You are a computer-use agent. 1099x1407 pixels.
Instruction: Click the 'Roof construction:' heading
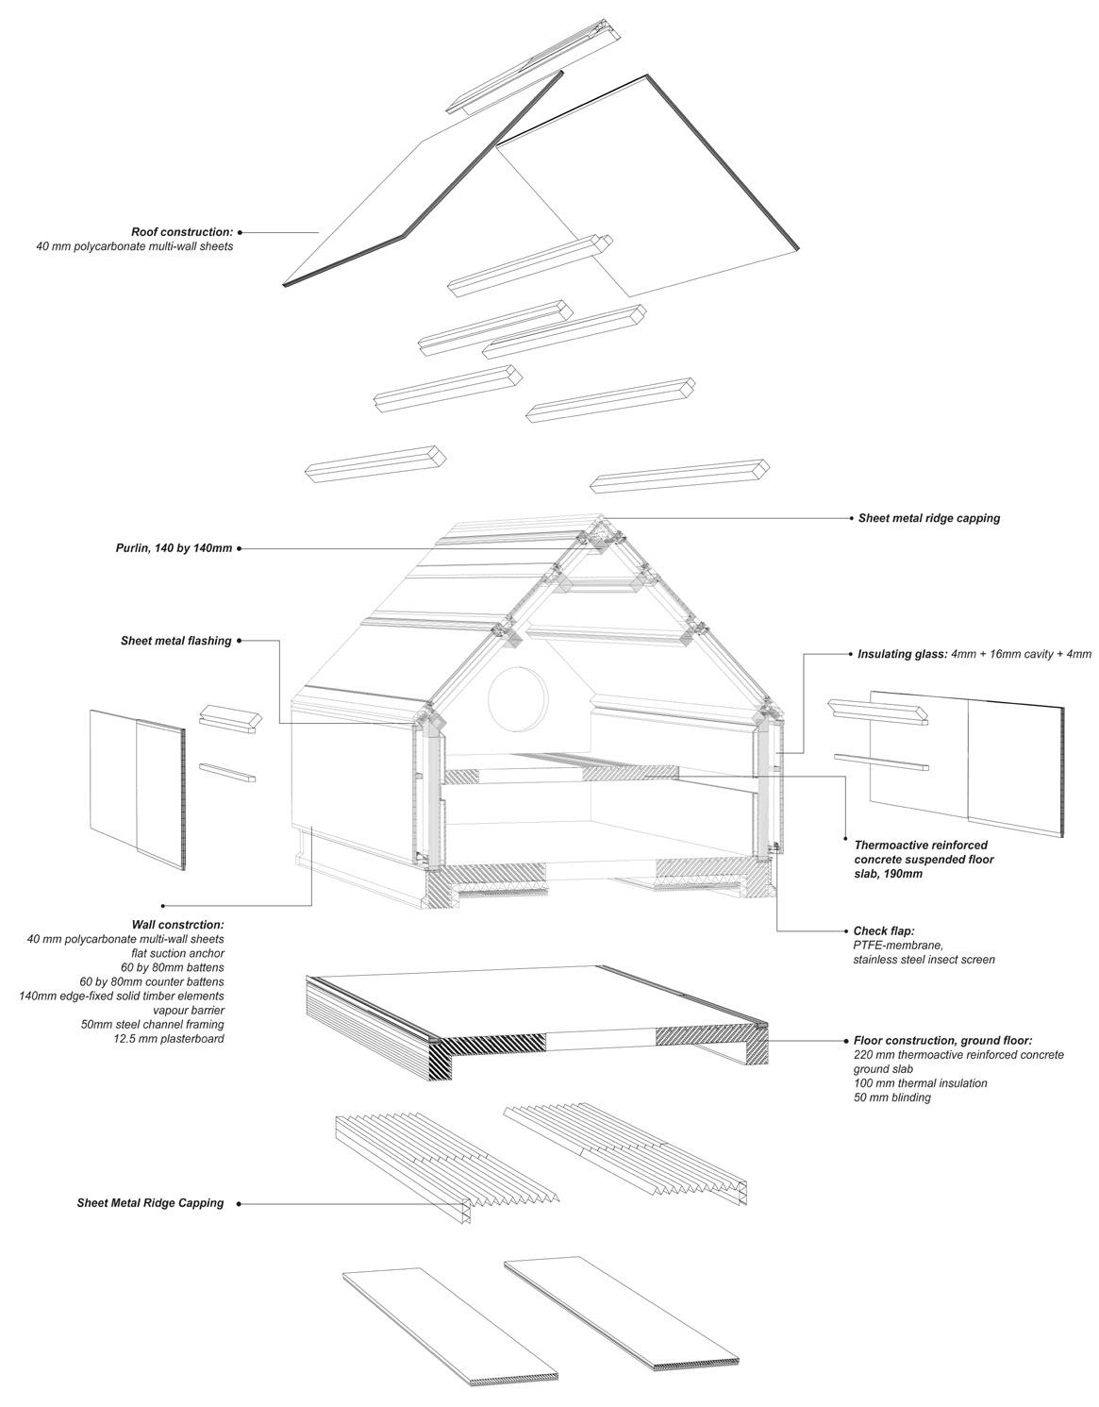[182, 231]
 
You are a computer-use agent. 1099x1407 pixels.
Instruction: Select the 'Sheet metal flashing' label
[175, 641]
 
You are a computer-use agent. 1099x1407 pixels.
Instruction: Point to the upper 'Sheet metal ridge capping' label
[928, 518]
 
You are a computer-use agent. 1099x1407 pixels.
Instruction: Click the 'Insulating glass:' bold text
[902, 654]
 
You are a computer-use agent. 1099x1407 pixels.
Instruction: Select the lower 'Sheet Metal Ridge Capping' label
[150, 1203]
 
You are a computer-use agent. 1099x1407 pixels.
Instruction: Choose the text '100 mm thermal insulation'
[920, 1083]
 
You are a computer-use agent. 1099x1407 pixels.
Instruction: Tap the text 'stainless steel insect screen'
[924, 960]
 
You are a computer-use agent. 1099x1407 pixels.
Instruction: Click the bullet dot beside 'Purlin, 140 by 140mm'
[241, 548]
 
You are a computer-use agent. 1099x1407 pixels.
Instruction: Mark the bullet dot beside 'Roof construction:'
[241, 231]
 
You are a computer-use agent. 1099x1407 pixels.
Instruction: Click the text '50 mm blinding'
[891, 1097]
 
